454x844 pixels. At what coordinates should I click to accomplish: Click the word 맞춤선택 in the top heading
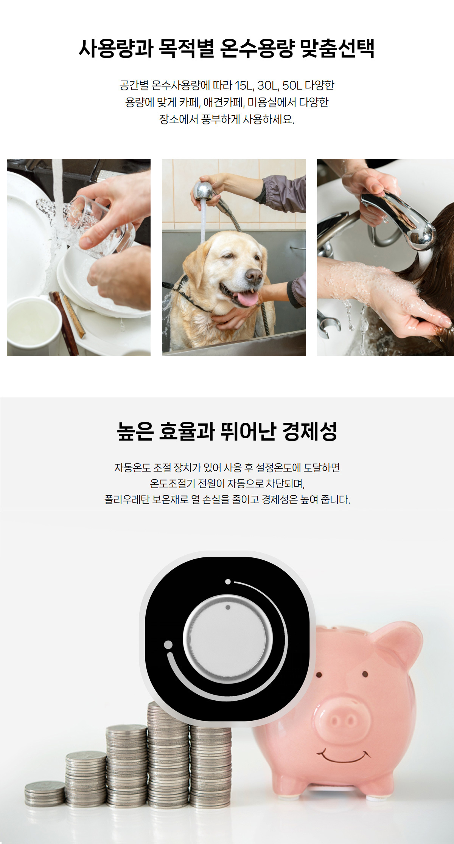pyautogui.click(x=337, y=48)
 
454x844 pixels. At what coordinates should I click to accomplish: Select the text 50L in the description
pyautogui.click(x=292, y=85)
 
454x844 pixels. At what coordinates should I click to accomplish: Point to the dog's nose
pyautogui.click(x=254, y=275)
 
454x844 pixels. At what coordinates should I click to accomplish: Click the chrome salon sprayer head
pyautogui.click(x=401, y=219)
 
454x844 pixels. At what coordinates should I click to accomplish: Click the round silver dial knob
pyautogui.click(x=228, y=639)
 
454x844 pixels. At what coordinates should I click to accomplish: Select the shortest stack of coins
pyautogui.click(x=45, y=794)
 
